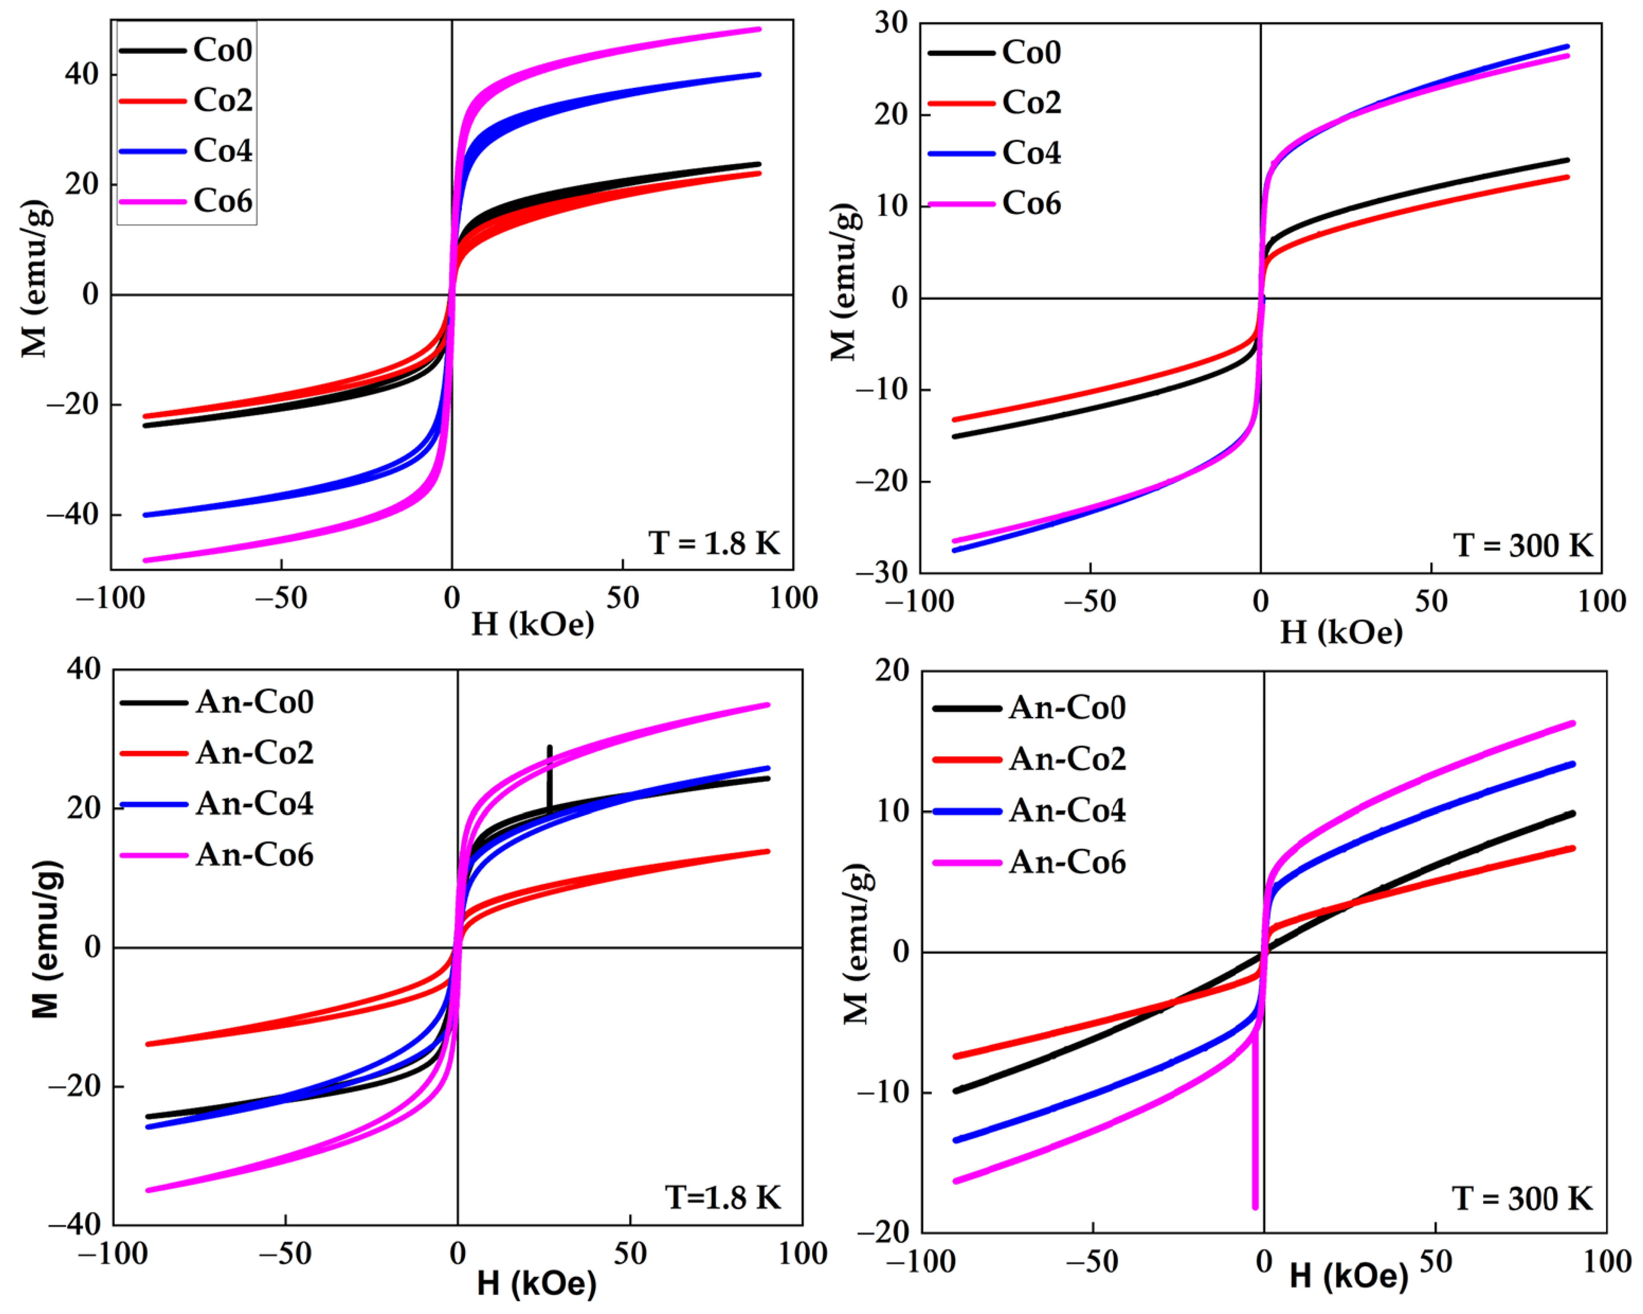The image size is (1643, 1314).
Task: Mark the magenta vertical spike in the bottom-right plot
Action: [1255, 1143]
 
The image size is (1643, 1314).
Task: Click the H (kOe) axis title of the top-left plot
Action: [532, 624]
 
